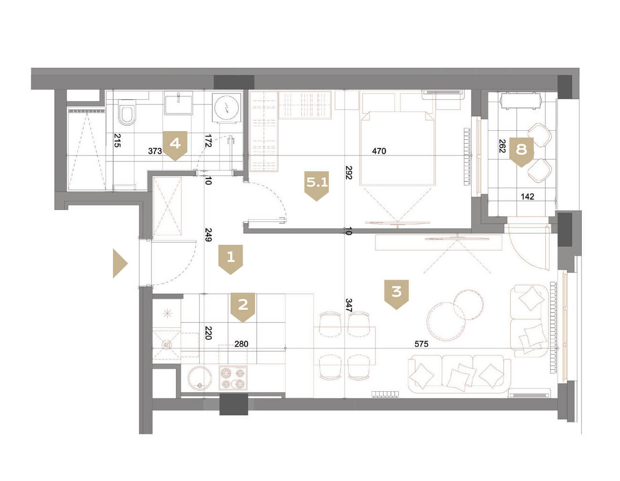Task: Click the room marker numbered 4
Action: pos(175,146)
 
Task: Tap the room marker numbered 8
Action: pos(521,152)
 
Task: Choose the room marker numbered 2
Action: pos(243,307)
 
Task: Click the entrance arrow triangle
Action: pos(120,263)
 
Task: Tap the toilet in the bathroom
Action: pos(127,112)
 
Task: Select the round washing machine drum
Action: pos(226,108)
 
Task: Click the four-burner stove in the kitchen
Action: pos(233,378)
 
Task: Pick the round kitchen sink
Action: pos(200,378)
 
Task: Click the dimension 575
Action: pos(421,344)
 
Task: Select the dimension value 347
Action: pos(349,305)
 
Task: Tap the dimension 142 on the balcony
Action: pos(527,197)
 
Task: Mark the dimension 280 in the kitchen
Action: pos(241,344)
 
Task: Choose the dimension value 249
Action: pos(208,234)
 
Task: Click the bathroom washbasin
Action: pos(178,103)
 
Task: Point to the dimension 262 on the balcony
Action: pos(502,146)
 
